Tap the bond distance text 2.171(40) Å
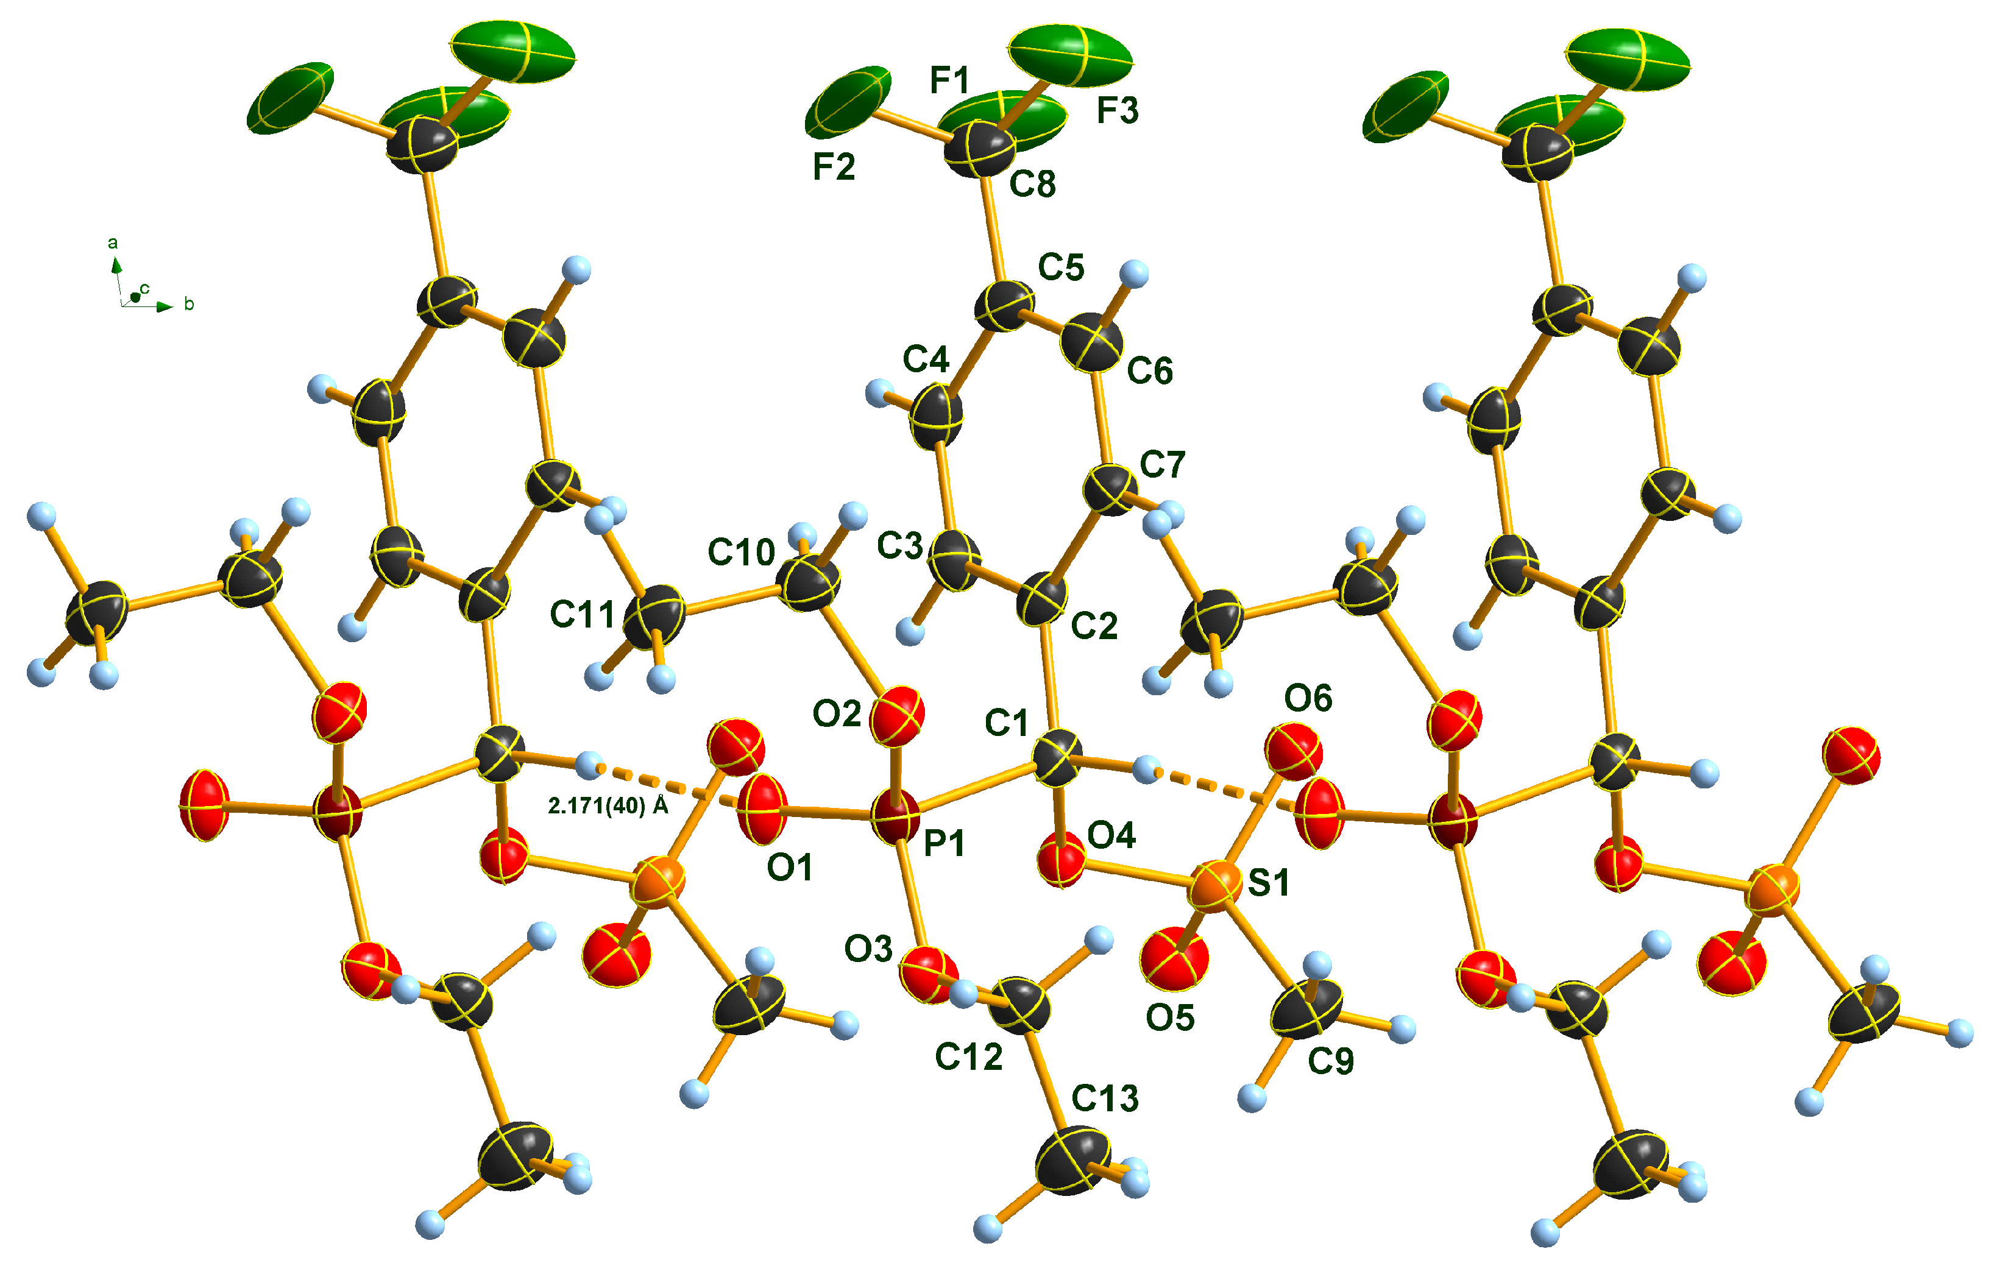608,805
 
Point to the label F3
1117,110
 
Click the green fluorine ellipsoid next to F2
848,101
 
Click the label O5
1170,1017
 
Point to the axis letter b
190,305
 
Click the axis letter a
113,243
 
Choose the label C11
583,615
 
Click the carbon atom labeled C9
1305,1011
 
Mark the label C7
1162,465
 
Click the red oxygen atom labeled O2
898,715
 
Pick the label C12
969,1056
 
